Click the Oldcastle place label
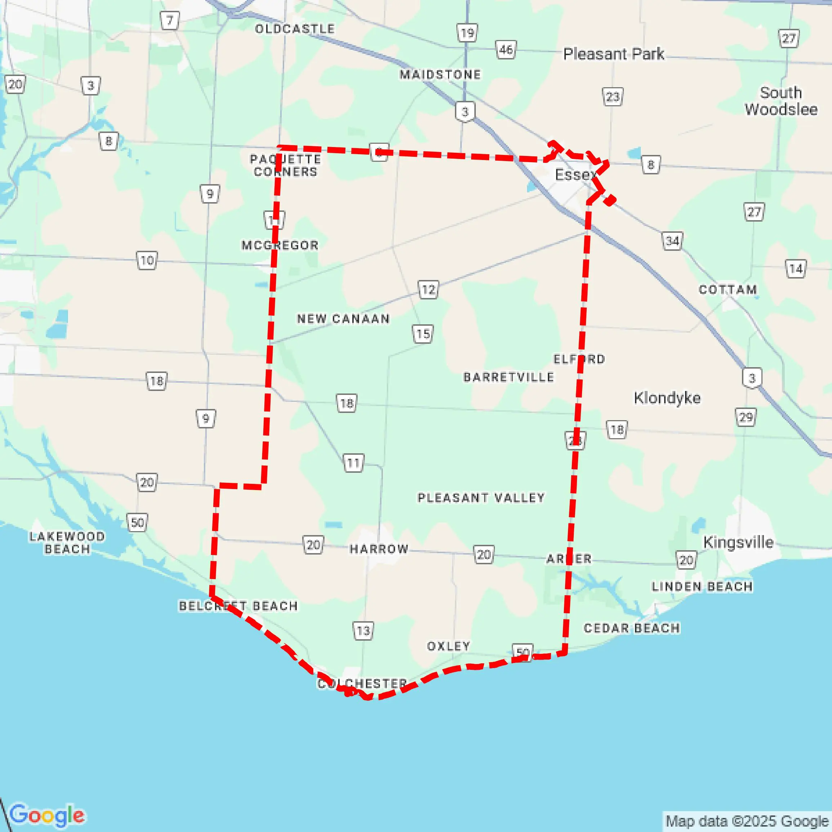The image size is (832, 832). click(x=295, y=29)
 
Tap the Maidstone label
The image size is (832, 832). click(x=440, y=75)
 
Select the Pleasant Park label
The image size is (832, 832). click(x=613, y=54)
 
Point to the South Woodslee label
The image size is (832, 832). click(x=781, y=101)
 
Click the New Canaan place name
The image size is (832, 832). click(x=343, y=319)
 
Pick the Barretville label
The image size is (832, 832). click(x=509, y=377)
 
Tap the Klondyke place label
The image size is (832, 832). click(x=667, y=398)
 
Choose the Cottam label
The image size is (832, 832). click(x=727, y=290)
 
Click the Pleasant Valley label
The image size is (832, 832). click(x=481, y=498)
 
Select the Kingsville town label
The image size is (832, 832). click(x=738, y=542)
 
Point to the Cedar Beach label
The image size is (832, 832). click(x=632, y=628)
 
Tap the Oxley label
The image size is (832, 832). click(x=448, y=646)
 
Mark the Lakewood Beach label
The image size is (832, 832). click(x=67, y=543)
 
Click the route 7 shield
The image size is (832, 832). click(x=170, y=21)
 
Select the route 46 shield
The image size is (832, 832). click(x=506, y=50)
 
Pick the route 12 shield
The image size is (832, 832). click(x=428, y=290)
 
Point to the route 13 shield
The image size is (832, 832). click(x=363, y=631)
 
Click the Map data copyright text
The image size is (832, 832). click(x=747, y=821)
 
